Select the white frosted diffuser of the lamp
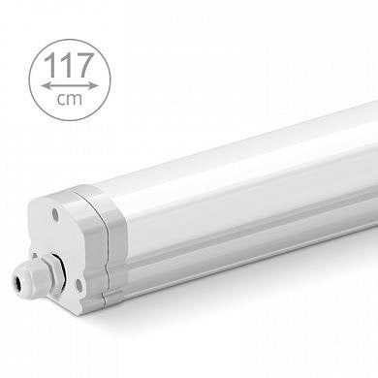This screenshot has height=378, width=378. (242, 184)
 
